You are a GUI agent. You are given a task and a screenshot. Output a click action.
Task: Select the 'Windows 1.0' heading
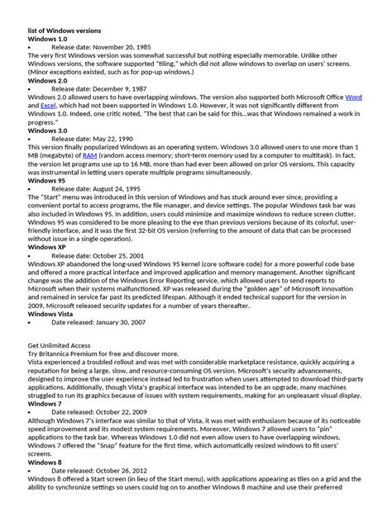click(x=49, y=40)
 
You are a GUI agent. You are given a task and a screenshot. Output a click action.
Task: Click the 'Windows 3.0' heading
click(x=49, y=130)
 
